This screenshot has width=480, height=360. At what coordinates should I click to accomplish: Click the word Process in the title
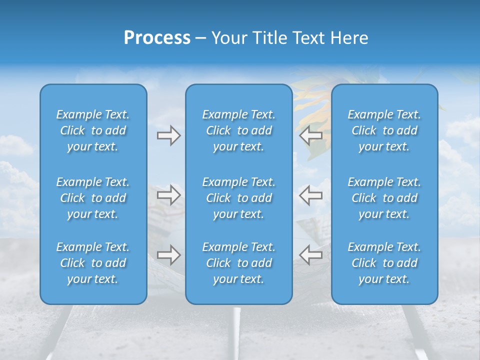click(157, 38)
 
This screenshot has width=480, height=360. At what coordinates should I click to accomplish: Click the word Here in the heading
click(348, 38)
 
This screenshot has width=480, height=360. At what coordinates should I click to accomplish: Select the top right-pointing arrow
click(168, 135)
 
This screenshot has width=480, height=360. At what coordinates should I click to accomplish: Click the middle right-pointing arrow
click(168, 195)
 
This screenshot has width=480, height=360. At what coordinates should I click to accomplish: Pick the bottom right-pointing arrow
click(168, 255)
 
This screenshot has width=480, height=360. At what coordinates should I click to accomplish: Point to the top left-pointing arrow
click(310, 135)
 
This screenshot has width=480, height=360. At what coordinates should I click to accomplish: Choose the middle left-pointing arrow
click(310, 195)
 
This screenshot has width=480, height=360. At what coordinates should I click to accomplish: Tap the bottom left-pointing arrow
click(310, 255)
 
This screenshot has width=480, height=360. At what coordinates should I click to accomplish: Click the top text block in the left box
click(93, 130)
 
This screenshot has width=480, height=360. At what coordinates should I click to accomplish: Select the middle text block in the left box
click(93, 198)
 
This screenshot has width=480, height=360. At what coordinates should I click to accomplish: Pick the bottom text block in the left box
click(93, 263)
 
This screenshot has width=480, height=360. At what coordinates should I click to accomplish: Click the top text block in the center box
click(238, 130)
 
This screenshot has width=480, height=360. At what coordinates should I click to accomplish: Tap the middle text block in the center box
click(238, 198)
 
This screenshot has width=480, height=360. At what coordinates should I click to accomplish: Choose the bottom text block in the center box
click(238, 263)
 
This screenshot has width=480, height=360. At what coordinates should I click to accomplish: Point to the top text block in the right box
click(384, 130)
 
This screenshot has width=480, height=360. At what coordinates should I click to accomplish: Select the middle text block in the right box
click(384, 198)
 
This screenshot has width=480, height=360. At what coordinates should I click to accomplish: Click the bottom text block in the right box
click(384, 263)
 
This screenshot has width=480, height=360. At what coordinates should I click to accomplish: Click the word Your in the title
click(229, 38)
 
